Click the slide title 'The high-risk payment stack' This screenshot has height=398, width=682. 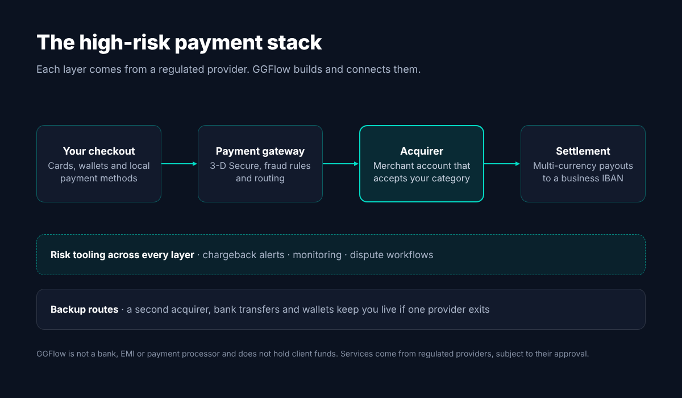(179, 42)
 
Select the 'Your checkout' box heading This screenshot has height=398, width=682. (99, 151)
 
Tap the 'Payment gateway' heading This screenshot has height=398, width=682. (260, 151)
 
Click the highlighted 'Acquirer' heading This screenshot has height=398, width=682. (421, 151)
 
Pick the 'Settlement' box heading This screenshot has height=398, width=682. (583, 151)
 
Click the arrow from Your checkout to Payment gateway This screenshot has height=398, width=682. (180, 164)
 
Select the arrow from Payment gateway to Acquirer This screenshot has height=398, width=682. (340, 164)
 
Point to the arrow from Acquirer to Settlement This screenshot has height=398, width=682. (502, 164)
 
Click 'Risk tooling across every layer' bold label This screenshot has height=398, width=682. (122, 255)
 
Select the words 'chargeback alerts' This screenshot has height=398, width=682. (243, 255)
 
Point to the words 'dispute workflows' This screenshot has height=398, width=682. (391, 255)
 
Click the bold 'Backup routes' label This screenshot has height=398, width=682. (84, 309)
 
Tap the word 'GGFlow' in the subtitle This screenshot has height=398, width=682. (271, 69)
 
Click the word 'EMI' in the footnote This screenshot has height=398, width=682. (127, 354)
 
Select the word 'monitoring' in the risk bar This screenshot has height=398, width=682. (317, 255)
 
